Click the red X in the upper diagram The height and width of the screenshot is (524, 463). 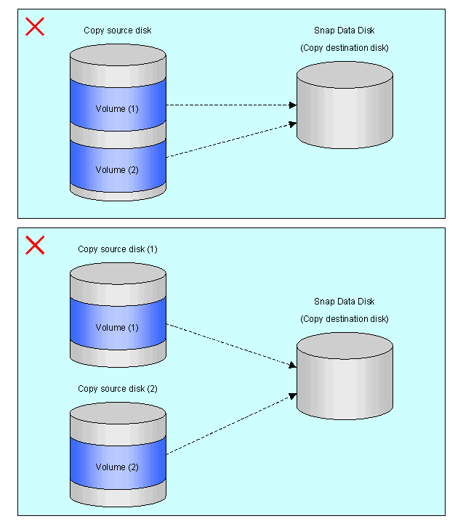35,27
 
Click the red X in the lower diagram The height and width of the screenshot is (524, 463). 35,245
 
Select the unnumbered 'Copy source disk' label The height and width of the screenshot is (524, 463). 117,31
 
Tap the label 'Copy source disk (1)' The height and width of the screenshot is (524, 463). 117,249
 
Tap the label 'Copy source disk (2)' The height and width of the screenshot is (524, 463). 117,389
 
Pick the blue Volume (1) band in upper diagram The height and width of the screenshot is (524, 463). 118,108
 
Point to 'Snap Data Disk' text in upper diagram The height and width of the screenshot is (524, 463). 344,31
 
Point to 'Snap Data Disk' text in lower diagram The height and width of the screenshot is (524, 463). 344,302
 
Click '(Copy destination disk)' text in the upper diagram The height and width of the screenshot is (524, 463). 344,48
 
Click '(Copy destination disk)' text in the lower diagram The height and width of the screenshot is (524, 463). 344,319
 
